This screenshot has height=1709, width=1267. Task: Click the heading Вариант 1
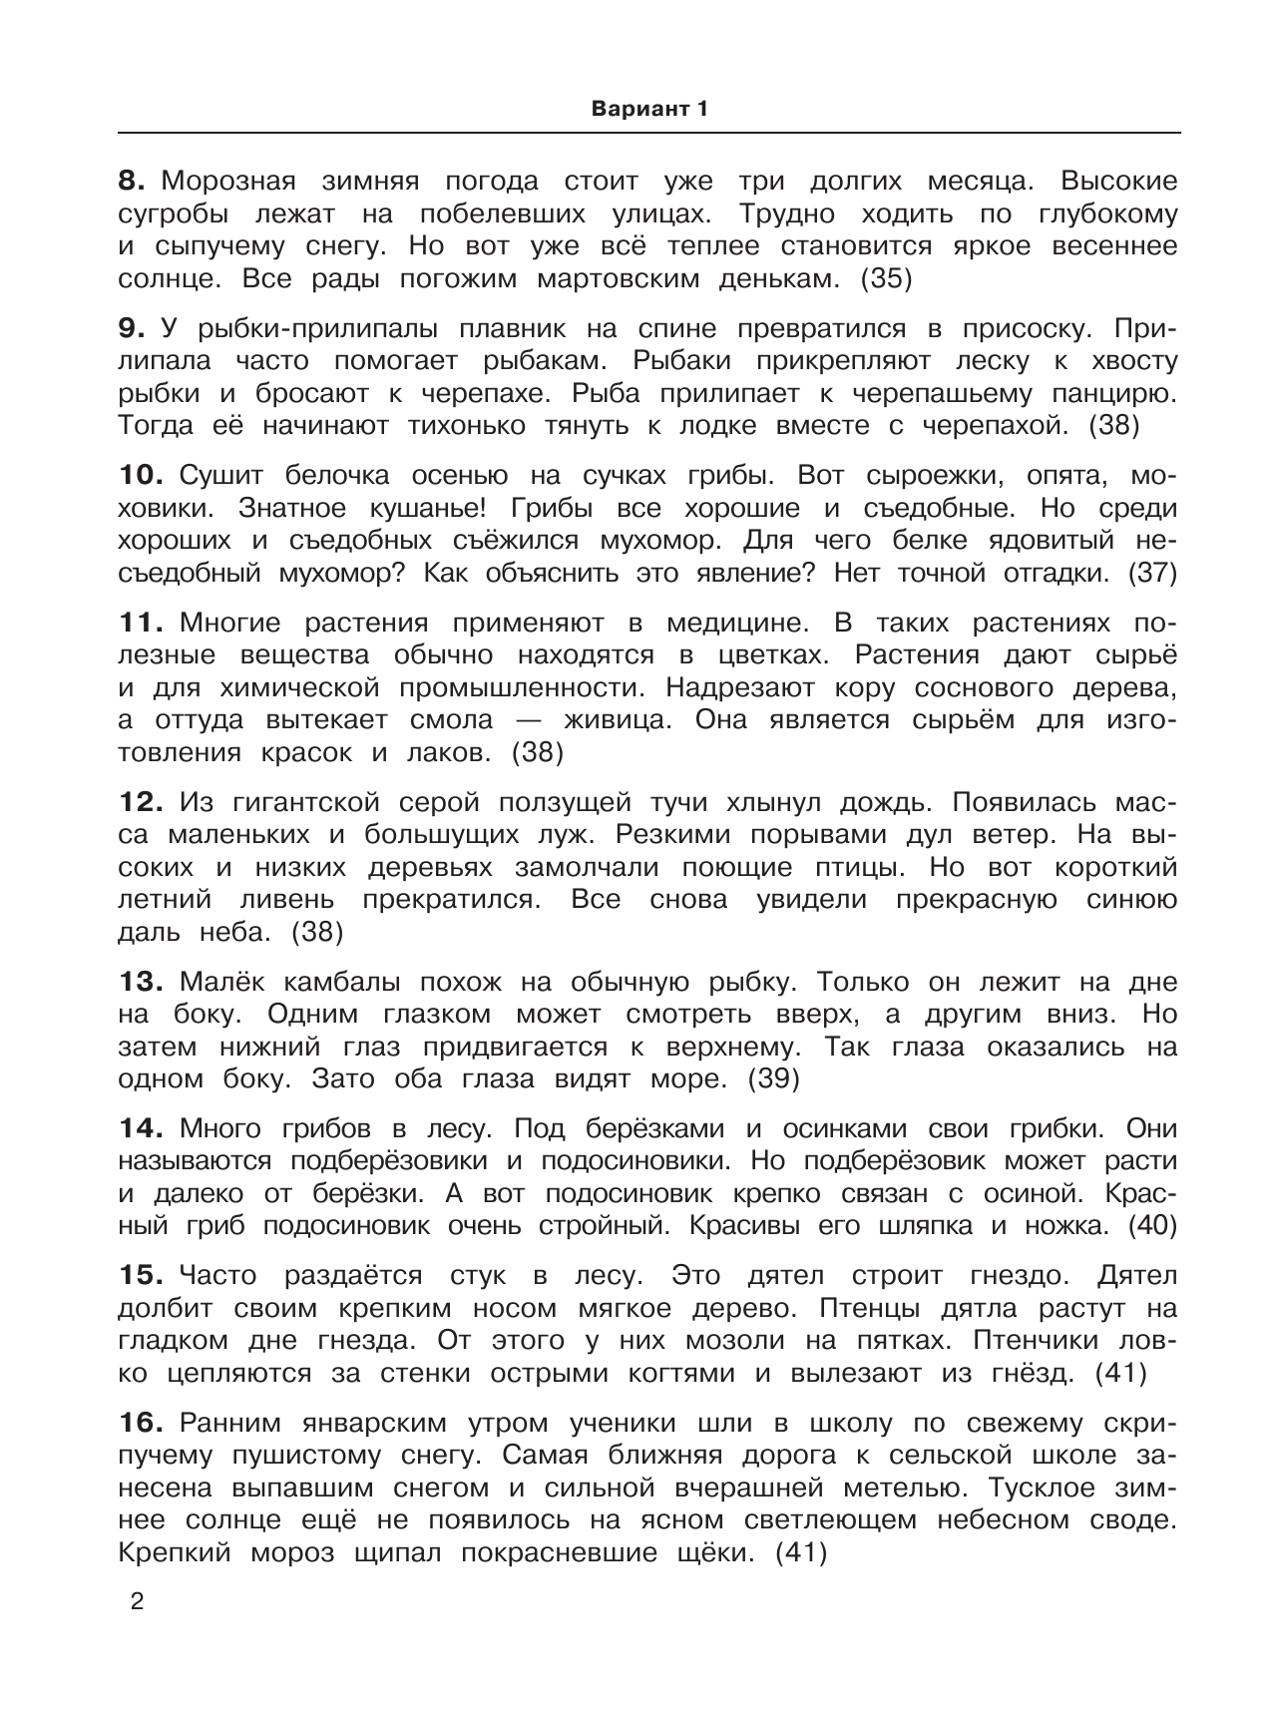click(648, 110)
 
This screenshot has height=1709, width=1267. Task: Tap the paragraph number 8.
click(132, 182)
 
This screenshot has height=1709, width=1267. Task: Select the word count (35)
click(886, 279)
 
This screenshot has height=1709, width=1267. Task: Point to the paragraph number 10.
click(140, 476)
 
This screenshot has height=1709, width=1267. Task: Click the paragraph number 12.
click(140, 802)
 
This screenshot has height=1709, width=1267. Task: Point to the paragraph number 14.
click(140, 1128)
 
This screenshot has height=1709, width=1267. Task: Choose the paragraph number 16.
click(140, 1423)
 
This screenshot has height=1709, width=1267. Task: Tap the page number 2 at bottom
click(138, 1603)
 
